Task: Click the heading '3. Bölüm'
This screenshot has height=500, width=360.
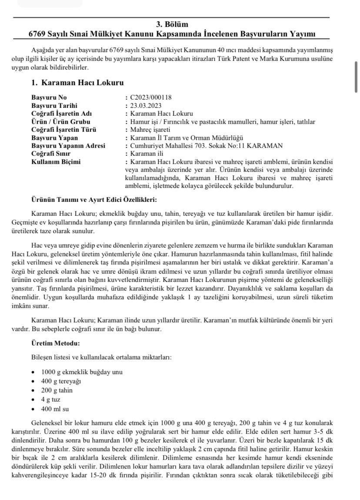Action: click(x=172, y=24)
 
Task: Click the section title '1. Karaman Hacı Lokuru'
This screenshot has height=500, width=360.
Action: click(x=77, y=83)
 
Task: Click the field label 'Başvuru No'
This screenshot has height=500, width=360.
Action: click(x=49, y=97)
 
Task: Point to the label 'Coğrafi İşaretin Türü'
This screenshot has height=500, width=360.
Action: click(x=64, y=130)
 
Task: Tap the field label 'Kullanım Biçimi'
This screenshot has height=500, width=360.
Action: click(x=56, y=162)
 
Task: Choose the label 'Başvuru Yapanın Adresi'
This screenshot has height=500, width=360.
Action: click(x=68, y=146)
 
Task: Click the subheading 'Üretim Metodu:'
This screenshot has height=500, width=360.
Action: click(x=56, y=343)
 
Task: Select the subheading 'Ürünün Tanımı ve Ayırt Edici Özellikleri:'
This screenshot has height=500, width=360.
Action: click(x=94, y=200)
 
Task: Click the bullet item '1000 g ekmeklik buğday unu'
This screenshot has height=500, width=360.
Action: click(x=82, y=372)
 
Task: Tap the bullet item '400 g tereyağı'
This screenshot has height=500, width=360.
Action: click(x=61, y=381)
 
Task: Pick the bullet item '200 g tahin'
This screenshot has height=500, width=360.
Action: click(x=57, y=390)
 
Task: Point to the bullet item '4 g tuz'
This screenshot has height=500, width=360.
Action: click(x=51, y=399)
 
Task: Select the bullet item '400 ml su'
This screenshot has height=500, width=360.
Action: click(x=55, y=409)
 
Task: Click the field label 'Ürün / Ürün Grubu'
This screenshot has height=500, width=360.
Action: click(x=61, y=122)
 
